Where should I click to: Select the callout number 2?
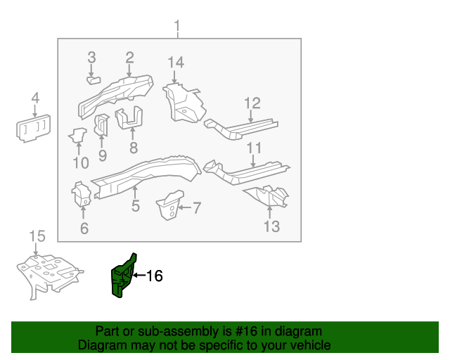click(130, 57)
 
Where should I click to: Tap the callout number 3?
click(91, 57)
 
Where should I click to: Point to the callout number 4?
click(35, 98)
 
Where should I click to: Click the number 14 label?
click(176, 63)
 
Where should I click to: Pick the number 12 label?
click(252, 104)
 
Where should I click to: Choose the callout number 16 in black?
click(154, 276)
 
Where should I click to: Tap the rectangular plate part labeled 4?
click(33, 129)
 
